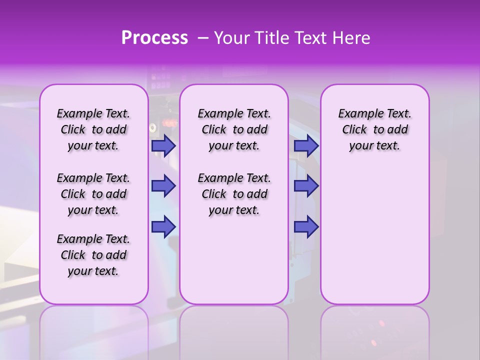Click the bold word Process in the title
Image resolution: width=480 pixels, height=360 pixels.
pos(154,38)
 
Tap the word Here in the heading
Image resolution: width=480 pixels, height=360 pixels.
pos(350,38)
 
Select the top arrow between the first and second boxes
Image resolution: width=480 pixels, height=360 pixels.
pos(163,145)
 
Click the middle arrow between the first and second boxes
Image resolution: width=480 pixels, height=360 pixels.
pos(163,186)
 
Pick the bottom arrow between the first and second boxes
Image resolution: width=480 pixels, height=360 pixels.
pos(163,226)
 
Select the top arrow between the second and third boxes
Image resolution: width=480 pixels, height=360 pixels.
pos(306,145)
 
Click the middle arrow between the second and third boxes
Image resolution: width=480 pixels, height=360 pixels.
pos(306,186)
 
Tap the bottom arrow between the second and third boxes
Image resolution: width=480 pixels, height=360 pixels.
pos(306,226)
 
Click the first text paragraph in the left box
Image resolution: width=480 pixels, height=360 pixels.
pos(93,129)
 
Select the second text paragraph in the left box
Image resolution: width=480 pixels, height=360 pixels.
pos(93,194)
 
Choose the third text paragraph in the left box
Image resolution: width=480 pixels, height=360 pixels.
pos(93,255)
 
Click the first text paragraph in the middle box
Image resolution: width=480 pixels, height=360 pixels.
pos(234,129)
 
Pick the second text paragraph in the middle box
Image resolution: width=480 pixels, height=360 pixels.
pos(234,194)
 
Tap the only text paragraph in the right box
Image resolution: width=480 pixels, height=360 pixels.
pos(374,129)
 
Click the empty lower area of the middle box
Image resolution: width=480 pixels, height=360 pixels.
pos(234,260)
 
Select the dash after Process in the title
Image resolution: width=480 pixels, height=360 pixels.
pos(203,38)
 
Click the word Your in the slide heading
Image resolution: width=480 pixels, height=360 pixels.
pos(232,38)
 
